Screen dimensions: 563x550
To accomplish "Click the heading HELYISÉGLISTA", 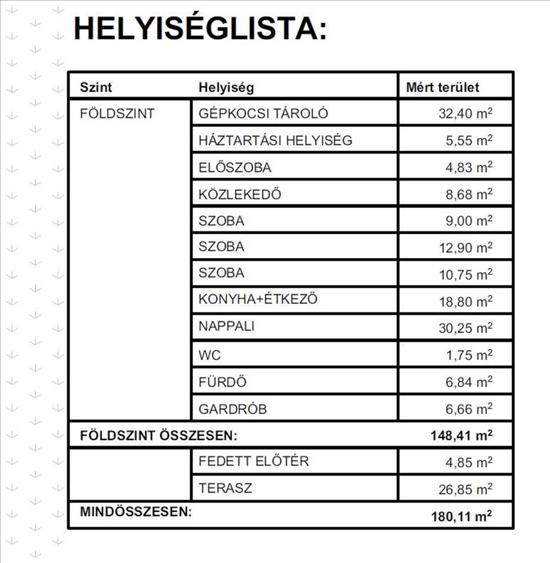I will [200, 29].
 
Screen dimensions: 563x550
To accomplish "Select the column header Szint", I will [96, 88].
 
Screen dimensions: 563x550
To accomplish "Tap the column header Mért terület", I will [442, 88].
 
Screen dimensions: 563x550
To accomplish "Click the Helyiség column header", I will [226, 88].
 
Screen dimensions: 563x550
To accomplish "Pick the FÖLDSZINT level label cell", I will [117, 114].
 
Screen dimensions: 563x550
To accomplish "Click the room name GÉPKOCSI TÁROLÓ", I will [263, 114].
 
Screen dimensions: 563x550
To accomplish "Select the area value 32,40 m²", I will [465, 114].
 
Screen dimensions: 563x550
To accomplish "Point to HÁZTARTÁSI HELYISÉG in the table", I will [275, 140].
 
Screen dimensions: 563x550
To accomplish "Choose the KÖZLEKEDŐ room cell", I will [239, 195].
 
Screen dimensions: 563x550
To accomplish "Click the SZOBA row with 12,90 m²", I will [221, 247].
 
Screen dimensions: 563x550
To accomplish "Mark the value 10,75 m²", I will [465, 274].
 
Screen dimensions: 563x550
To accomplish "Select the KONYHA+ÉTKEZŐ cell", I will [258, 300].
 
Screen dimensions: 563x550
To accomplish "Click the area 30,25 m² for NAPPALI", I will [465, 327].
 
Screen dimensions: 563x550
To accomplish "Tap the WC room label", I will [209, 356].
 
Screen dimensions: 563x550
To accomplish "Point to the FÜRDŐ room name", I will [222, 382].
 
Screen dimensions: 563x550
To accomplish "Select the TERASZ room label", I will [225, 488].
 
